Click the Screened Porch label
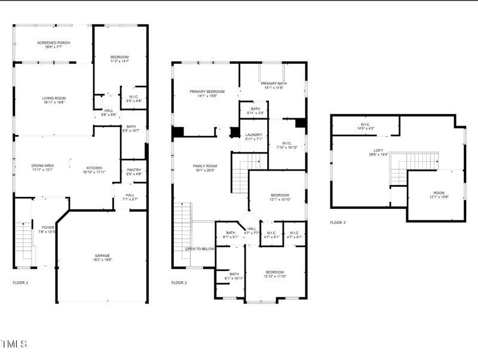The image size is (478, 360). (x=54, y=43)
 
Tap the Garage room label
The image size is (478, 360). (x=102, y=256)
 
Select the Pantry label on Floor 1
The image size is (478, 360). (x=134, y=170)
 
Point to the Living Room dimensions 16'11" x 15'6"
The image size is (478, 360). (x=54, y=103)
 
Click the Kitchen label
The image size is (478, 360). (x=94, y=168)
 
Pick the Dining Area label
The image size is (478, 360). (x=43, y=165)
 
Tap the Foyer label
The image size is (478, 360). (x=48, y=227)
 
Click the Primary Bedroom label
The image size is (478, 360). (x=207, y=91)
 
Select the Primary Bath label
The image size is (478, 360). (x=273, y=84)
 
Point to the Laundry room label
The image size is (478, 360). (x=254, y=135)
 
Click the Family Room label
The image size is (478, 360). (x=205, y=165)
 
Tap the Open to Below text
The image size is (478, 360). (x=200, y=248)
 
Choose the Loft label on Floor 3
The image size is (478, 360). (x=378, y=150)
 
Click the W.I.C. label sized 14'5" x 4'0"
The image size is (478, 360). (x=365, y=125)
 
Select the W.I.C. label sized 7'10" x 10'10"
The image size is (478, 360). (x=287, y=143)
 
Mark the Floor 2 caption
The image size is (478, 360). (x=179, y=282)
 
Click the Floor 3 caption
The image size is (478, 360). (x=338, y=222)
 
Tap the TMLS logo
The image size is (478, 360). (x=14, y=344)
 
